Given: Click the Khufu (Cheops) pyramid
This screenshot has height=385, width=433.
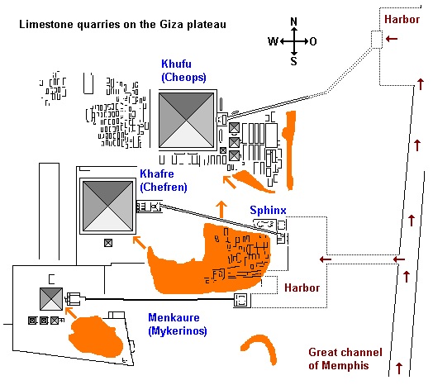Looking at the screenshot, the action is point(187,121).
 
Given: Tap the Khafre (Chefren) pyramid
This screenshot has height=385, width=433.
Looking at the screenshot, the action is point(107,207).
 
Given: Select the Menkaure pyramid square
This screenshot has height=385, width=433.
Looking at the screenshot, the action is point(51,299).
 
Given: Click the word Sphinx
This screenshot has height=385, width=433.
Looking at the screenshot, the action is point(268,210).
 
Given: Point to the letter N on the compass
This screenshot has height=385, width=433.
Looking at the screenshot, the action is point(294,21).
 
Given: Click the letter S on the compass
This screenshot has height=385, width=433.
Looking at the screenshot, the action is point(294,61).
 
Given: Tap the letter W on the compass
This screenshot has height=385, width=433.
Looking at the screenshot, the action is point(273,41).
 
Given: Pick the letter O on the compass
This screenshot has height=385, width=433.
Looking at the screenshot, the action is point(313,41).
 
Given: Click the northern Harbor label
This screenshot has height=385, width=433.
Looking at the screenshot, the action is point(402,19).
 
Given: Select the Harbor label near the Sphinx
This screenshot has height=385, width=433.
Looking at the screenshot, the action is point(302,288).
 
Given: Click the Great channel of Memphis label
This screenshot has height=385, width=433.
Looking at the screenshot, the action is point(345,359).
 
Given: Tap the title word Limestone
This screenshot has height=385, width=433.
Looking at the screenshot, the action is point(46,24).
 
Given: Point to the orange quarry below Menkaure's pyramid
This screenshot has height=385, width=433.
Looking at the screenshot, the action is point(95,337).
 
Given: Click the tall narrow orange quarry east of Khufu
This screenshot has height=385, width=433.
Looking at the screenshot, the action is point(289,150).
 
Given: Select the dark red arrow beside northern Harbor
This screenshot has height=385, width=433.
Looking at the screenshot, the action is point(392,39).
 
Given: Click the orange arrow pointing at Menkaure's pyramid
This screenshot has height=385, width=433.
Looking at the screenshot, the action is point(71,312).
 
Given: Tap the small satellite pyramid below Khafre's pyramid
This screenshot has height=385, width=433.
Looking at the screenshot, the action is point(108,243).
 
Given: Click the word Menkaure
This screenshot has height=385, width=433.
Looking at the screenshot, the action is point(174,317).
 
